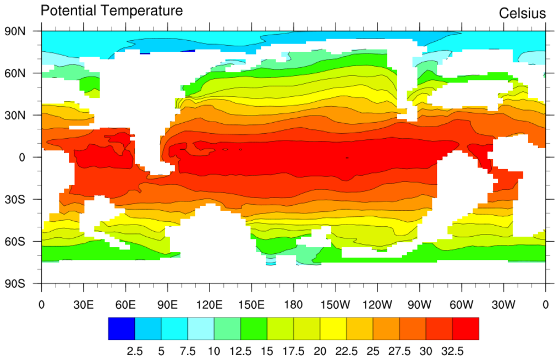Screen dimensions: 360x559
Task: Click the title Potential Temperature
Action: point(112,10)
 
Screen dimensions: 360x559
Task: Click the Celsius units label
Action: point(522,13)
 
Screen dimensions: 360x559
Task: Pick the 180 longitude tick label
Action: point(293,304)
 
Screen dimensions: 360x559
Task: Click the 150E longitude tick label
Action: point(251,304)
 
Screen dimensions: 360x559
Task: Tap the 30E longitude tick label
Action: point(84,304)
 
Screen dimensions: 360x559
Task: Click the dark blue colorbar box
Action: point(122,329)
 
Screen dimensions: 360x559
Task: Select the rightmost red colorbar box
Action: point(465,329)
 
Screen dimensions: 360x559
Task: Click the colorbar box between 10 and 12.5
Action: point(227,329)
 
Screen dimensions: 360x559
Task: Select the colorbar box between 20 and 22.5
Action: point(333,329)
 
